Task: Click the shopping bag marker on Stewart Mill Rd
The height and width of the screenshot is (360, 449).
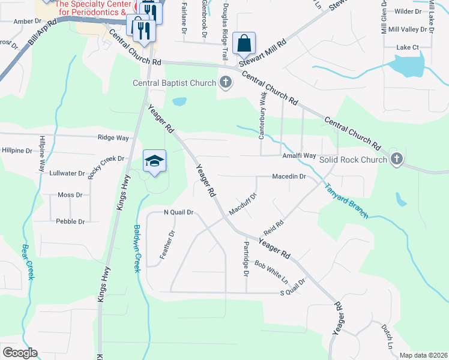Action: pos(244,43)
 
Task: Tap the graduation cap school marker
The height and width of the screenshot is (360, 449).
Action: pos(154,161)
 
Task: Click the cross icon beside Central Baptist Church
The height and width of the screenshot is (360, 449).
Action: pos(226,83)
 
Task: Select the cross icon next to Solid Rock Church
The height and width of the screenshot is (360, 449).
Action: pos(396,159)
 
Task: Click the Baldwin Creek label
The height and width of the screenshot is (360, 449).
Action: pos(137,248)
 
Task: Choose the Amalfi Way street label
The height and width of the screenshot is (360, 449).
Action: pos(299,155)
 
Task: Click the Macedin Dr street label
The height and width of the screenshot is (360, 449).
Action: pos(289,177)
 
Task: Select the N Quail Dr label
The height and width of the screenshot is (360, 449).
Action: pos(179,212)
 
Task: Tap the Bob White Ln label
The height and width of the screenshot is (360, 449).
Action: pos(271,272)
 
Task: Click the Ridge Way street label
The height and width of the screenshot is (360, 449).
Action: pos(113,137)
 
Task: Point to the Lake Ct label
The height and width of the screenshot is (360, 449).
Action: pos(407,47)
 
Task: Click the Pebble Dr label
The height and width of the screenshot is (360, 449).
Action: pos(71,221)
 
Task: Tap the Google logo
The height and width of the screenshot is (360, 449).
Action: pos(20,353)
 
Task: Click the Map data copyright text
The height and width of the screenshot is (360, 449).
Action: pos(423,355)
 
